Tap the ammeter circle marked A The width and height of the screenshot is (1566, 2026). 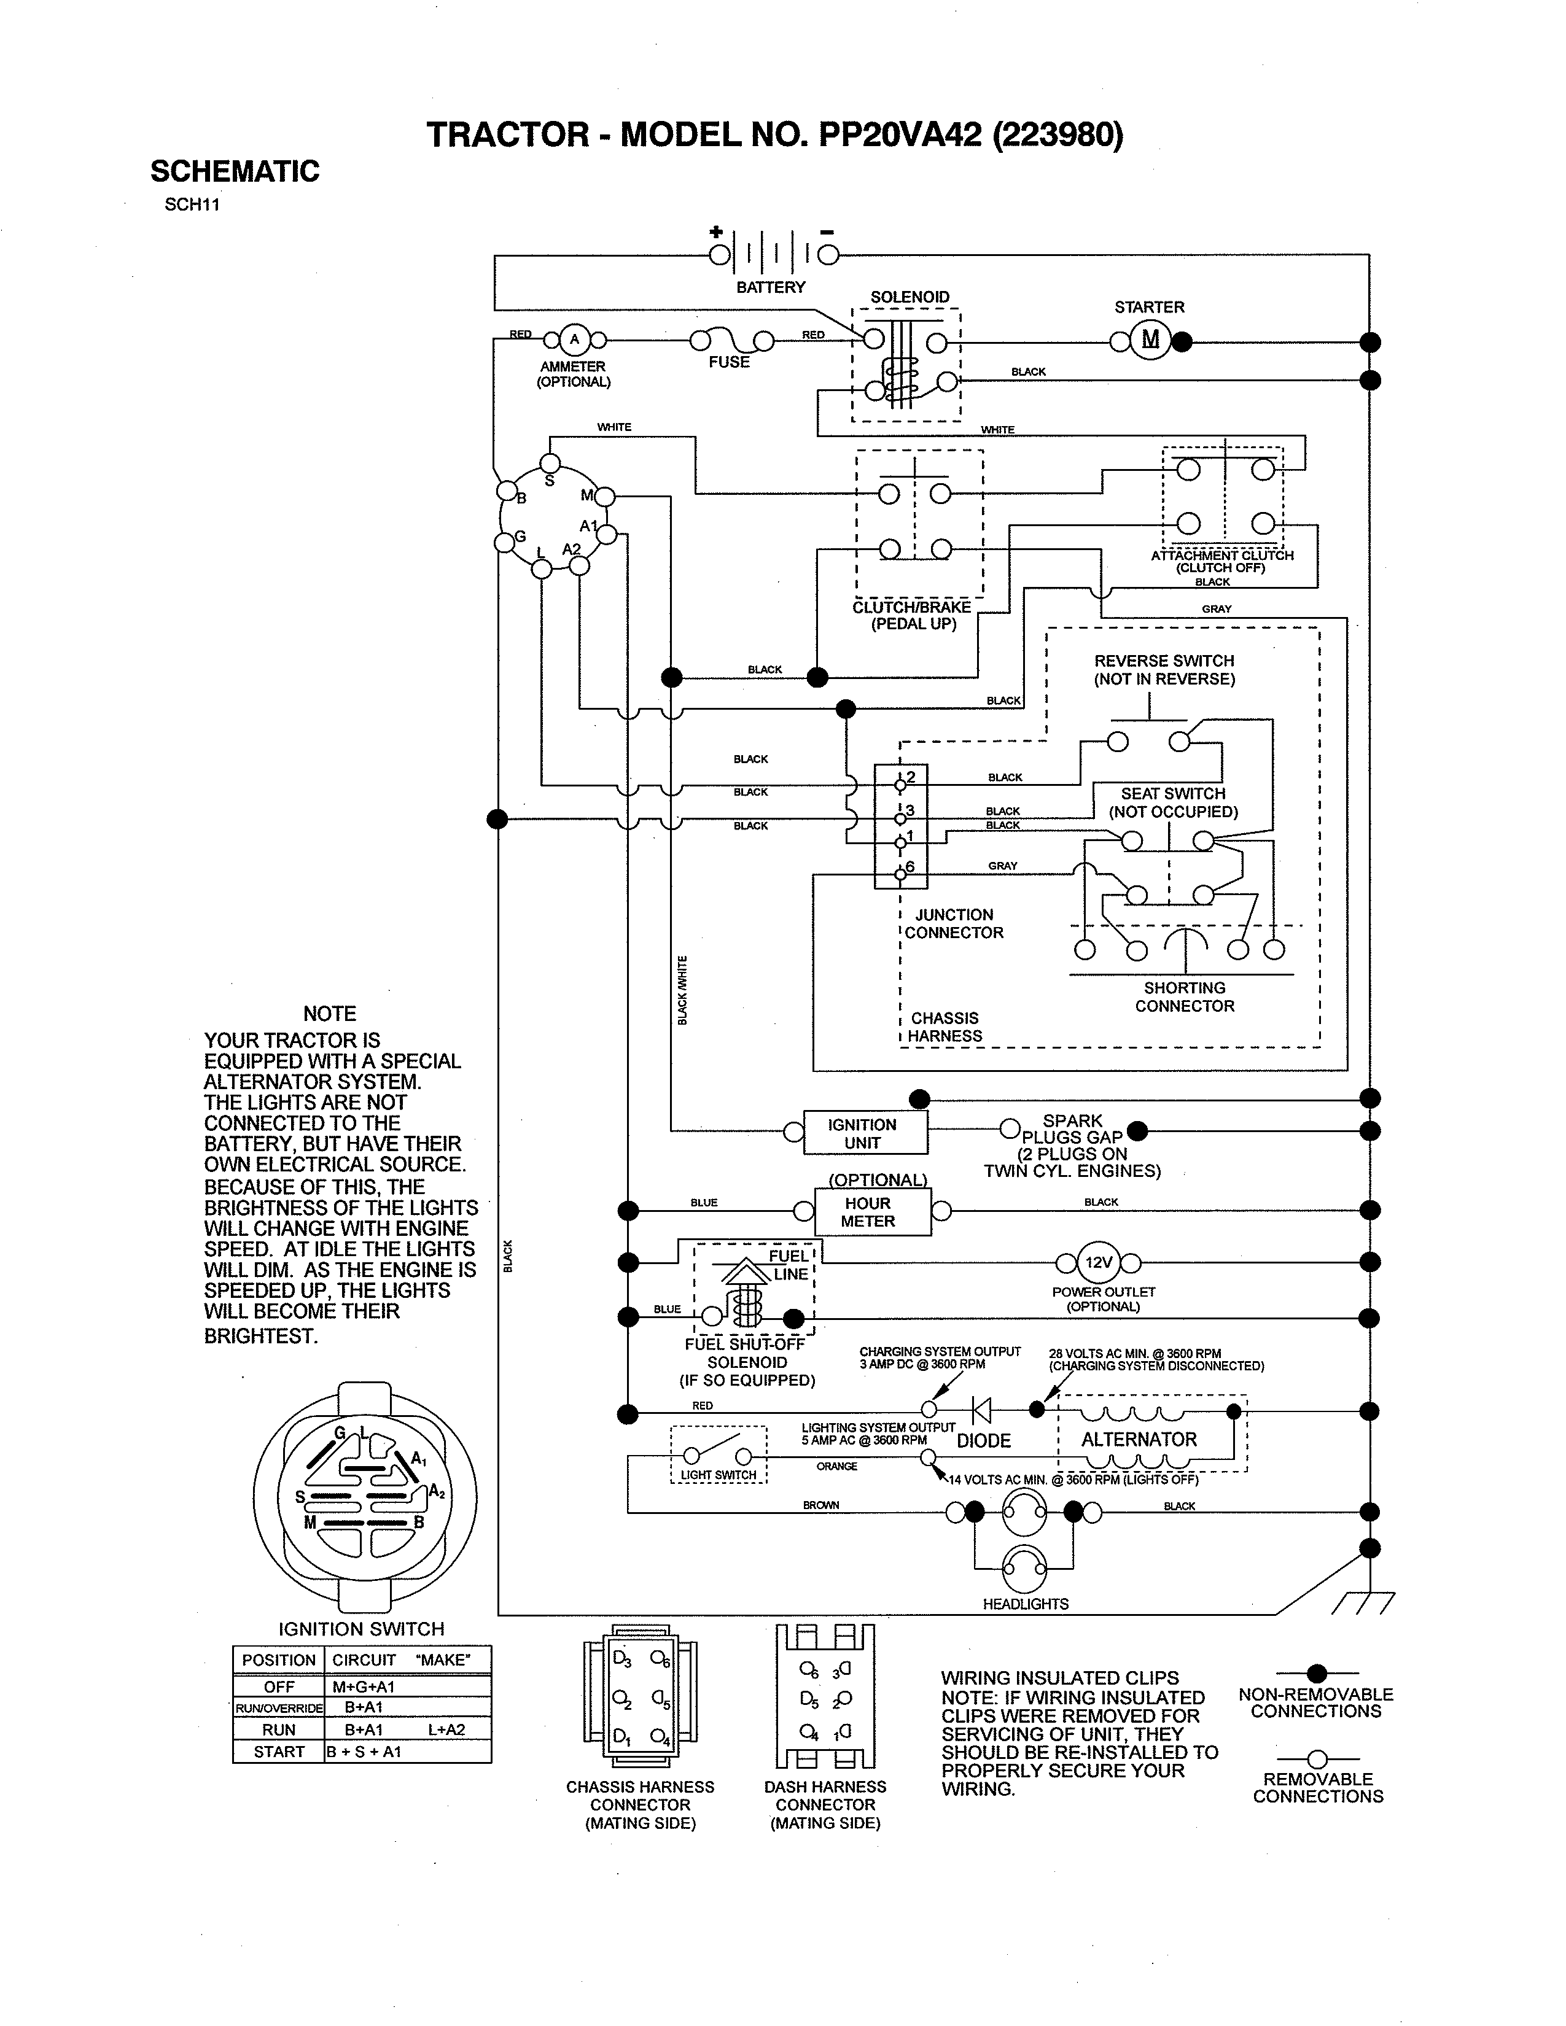point(574,340)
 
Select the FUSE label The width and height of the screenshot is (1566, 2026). point(728,362)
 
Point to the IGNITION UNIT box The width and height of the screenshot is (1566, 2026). point(863,1133)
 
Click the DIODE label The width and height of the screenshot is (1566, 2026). point(983,1441)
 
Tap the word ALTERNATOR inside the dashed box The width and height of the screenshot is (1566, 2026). point(1139,1439)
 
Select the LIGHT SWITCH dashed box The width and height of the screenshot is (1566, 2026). point(719,1454)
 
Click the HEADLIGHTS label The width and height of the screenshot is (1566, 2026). point(1025,1604)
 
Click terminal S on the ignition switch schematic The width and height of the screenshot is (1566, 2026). point(550,463)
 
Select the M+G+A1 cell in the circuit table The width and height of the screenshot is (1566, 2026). point(364,1686)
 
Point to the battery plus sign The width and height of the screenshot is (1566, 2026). point(715,232)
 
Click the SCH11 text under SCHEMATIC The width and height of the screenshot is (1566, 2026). point(192,205)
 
